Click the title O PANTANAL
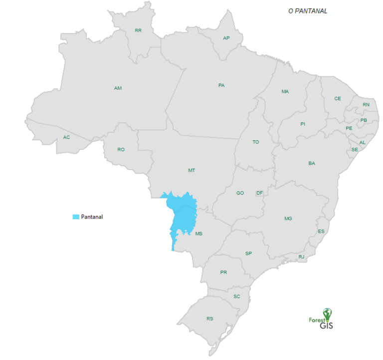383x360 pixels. [x=308, y=11]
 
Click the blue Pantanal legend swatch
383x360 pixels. [x=76, y=217]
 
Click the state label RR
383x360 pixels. [x=138, y=30]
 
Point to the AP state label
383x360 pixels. [x=226, y=38]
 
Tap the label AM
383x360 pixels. [x=118, y=88]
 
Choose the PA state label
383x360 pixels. [x=221, y=85]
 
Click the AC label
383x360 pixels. [x=66, y=137]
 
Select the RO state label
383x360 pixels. [x=121, y=149]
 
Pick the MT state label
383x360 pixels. [x=191, y=170]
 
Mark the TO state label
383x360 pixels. [x=256, y=142]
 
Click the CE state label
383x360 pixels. [x=338, y=98]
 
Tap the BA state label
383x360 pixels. [x=312, y=163]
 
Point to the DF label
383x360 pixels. [x=259, y=193]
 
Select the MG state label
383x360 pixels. [x=288, y=219]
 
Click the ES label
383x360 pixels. [x=321, y=231]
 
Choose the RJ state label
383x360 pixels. [x=301, y=257]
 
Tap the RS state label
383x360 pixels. [x=209, y=319]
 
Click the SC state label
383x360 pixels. [x=237, y=297]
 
